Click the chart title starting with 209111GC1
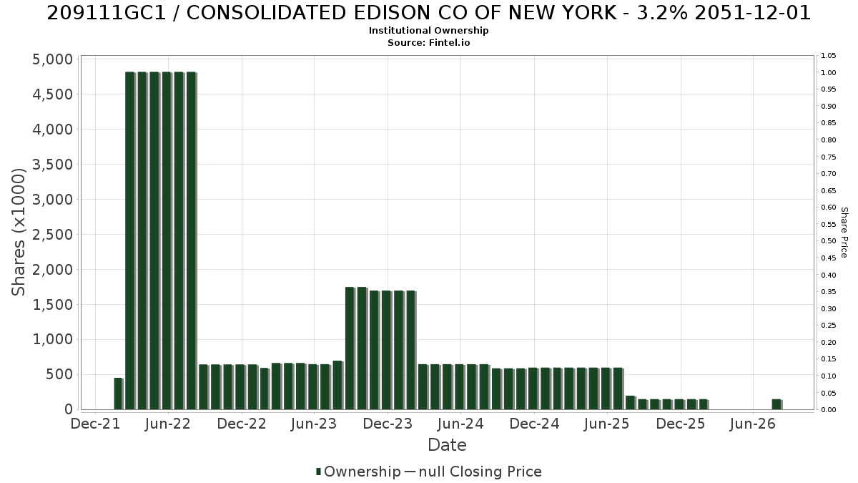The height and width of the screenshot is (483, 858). coord(428,14)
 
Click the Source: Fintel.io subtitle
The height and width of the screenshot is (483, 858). coord(428,42)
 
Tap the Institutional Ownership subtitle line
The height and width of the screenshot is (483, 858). coord(428,31)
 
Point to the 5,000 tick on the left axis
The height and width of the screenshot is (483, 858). coord(52,59)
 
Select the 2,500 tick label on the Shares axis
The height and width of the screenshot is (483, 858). coord(52,235)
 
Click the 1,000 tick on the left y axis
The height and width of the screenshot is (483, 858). coord(52,340)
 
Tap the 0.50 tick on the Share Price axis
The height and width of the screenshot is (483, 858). coord(829,241)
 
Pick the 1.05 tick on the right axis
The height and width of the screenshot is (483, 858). coord(829,56)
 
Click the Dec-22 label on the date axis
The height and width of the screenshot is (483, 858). coord(242,424)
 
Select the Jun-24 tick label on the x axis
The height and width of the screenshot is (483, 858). coord(460,424)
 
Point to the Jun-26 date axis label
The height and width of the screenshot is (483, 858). coord(753,424)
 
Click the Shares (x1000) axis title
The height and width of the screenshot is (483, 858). coord(18,233)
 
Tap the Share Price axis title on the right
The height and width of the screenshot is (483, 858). coord(844,233)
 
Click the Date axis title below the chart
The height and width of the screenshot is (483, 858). coord(447,445)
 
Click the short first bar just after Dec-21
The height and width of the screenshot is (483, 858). coord(119,394)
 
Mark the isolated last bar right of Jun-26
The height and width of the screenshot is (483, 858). coord(777,404)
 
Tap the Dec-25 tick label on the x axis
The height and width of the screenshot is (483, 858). coord(681,424)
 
